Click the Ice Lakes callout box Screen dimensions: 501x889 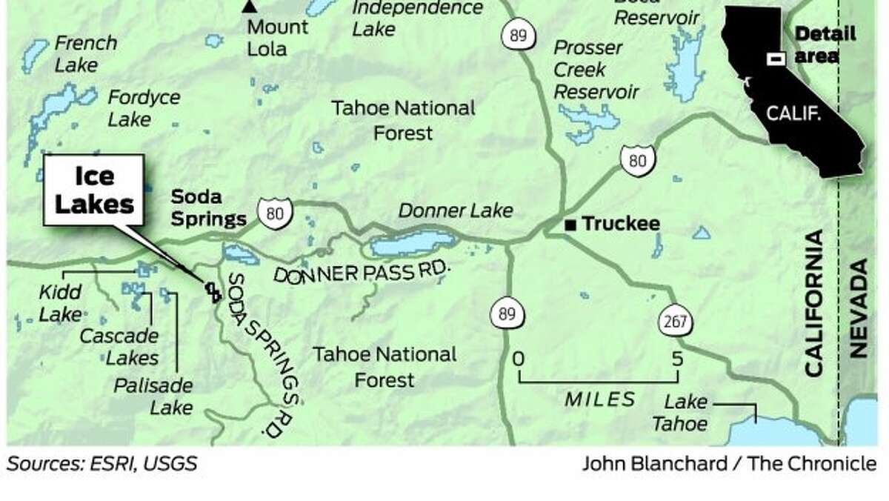[94, 190]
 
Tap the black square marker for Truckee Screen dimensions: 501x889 [570, 224]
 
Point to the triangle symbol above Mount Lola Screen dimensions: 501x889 [250, 7]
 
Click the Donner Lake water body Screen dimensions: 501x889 [413, 242]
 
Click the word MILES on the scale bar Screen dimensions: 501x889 [600, 399]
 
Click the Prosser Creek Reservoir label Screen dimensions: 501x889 [596, 70]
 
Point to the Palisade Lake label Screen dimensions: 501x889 [153, 397]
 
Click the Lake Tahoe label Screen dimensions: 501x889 [685, 414]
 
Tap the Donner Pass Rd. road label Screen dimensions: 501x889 [362, 272]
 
